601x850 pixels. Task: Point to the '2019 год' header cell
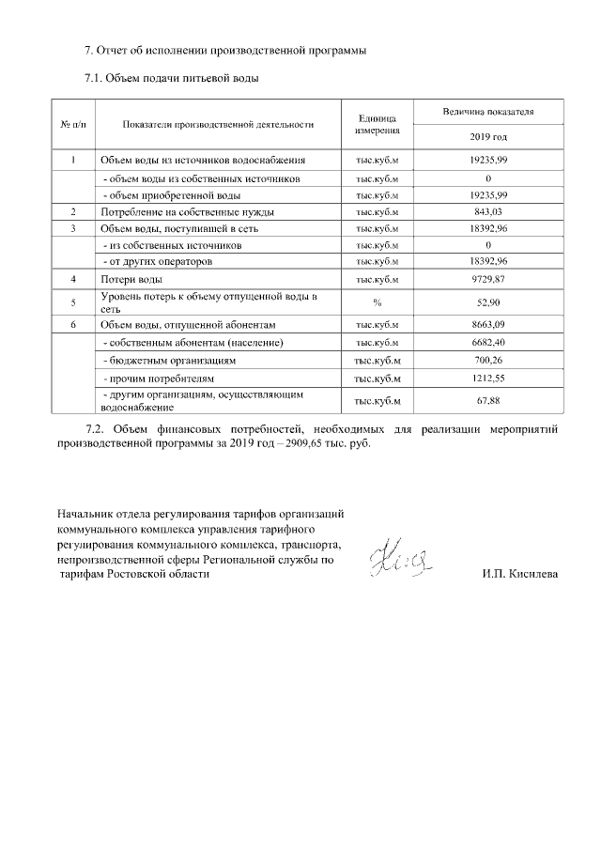point(488,136)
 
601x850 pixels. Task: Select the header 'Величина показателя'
point(488,111)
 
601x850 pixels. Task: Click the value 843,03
point(488,211)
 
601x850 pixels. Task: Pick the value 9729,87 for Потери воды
point(488,280)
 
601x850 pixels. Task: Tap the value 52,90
point(488,301)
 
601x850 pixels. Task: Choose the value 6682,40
point(488,342)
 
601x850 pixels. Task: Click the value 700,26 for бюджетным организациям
point(488,360)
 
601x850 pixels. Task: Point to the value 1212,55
point(488,379)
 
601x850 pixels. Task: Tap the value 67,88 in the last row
point(488,401)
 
